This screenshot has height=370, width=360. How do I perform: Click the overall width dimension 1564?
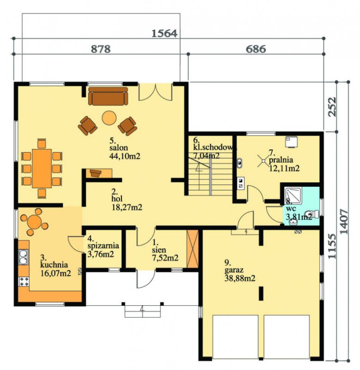(164, 33)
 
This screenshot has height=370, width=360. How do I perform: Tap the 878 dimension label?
(101, 49)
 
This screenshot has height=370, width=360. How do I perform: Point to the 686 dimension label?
(256, 49)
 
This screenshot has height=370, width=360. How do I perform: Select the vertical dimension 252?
(332, 106)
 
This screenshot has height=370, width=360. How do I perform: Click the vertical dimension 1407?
(344, 222)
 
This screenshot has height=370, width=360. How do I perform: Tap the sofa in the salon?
(108, 96)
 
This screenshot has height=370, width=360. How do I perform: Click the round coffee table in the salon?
(109, 118)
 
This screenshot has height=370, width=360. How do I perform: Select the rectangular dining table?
(42, 168)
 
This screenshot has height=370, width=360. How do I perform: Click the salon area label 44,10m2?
(125, 156)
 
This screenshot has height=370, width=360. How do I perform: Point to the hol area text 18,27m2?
(127, 207)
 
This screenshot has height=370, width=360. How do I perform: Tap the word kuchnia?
(54, 265)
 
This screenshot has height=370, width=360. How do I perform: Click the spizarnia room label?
(103, 246)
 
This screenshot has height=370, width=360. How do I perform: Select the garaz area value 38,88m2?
(240, 278)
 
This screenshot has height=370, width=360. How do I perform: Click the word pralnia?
(281, 160)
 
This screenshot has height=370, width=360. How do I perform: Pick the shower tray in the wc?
(293, 195)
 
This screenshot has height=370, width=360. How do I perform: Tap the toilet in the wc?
(311, 214)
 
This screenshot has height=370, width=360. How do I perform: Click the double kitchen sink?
(23, 257)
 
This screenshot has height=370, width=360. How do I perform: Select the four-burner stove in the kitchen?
(24, 282)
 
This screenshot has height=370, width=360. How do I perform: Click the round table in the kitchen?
(34, 222)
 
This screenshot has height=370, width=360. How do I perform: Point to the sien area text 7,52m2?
(165, 258)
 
